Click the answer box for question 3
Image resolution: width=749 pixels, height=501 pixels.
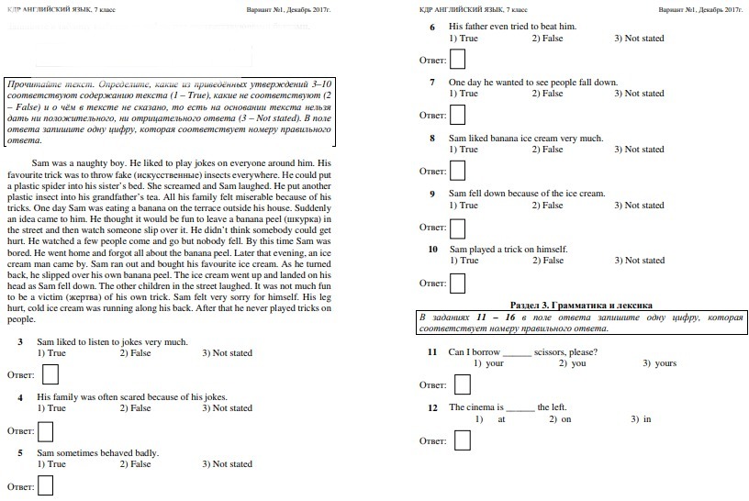point(51,374)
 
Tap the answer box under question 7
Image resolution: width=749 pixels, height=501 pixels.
point(457,115)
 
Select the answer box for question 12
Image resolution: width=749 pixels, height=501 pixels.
point(462,440)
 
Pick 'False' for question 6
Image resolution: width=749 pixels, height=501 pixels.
point(547,38)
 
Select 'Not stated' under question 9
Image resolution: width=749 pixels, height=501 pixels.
point(644,206)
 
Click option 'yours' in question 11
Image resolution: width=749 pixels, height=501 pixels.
point(665,363)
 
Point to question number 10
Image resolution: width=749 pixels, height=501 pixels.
point(433,249)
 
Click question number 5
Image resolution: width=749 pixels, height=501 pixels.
point(20,452)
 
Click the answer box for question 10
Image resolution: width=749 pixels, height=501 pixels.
point(457,283)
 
